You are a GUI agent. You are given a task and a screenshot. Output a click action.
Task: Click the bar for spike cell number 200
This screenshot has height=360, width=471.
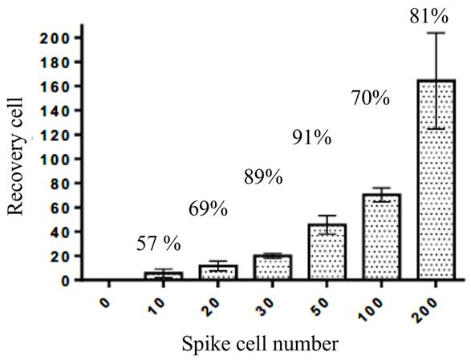(436, 180)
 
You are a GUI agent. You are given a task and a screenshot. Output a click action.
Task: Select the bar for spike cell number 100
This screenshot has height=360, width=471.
(381, 237)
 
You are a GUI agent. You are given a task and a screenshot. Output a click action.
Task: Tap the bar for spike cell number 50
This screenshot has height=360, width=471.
(327, 252)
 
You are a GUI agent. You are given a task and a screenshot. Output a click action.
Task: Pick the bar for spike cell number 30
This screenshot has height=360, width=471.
(273, 267)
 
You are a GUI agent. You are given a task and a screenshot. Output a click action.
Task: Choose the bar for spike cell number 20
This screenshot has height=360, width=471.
(218, 273)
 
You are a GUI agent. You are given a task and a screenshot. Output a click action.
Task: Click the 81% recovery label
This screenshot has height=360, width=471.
(429, 17)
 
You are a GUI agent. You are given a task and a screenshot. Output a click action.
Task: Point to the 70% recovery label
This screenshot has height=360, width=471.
(371, 98)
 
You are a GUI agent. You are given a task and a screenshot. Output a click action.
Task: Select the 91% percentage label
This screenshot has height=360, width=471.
(312, 138)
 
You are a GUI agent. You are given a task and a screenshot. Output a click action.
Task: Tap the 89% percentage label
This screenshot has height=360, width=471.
(263, 177)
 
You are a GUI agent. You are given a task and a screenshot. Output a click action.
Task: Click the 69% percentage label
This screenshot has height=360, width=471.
(208, 209)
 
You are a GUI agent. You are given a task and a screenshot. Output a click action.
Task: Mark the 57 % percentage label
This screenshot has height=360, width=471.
(159, 244)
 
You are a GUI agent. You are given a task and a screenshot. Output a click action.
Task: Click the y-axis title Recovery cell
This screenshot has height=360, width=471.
(15, 156)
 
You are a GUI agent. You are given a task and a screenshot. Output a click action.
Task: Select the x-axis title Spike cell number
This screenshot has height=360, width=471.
(260, 344)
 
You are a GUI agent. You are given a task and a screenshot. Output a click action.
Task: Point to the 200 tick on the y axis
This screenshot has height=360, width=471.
(57, 38)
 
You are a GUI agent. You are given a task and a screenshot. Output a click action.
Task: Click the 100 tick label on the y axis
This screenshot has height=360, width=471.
(57, 159)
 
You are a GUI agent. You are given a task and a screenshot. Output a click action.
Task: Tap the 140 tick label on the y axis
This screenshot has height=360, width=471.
(57, 111)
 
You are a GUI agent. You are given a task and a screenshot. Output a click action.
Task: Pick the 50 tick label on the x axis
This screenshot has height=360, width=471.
(322, 307)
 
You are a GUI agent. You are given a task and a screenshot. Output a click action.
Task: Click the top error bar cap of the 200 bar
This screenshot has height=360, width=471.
(436, 33)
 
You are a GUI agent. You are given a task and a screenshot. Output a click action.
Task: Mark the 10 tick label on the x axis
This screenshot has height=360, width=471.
(158, 307)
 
